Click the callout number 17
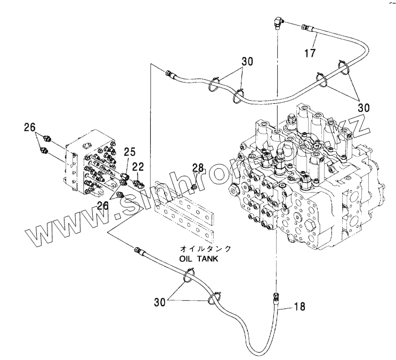(310, 53)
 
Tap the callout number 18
(300, 307)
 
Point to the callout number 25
(130, 153)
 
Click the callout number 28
(198, 168)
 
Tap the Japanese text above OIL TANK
(198, 249)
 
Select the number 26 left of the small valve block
(29, 127)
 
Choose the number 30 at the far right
(363, 107)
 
